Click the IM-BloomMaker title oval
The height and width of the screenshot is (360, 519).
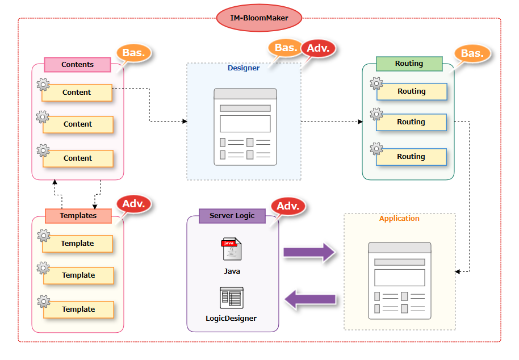pos(259,18)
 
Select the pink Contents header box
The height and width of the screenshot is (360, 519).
pos(77,65)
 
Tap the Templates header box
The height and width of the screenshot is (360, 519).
pos(78,216)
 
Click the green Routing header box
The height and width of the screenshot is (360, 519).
pos(409,64)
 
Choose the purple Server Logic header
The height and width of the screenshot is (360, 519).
pos(232,216)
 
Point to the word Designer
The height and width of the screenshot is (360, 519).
pos(244,68)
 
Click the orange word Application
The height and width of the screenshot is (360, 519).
pos(399,219)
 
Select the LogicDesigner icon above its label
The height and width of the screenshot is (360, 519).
pos(232,298)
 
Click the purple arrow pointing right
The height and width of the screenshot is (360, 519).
pos(309,252)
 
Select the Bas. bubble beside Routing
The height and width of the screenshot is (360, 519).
pos(471,54)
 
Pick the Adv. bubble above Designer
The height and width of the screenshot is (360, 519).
pos(318,49)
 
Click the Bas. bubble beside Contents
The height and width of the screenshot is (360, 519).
pos(134,53)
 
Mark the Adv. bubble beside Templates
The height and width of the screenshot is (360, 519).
pos(134,204)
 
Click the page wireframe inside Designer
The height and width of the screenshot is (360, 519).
pos(245,127)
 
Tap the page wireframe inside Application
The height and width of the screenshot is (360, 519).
pos(399,281)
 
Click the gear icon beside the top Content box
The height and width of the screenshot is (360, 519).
pos(43,85)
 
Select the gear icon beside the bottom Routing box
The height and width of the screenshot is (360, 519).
pos(376,149)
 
